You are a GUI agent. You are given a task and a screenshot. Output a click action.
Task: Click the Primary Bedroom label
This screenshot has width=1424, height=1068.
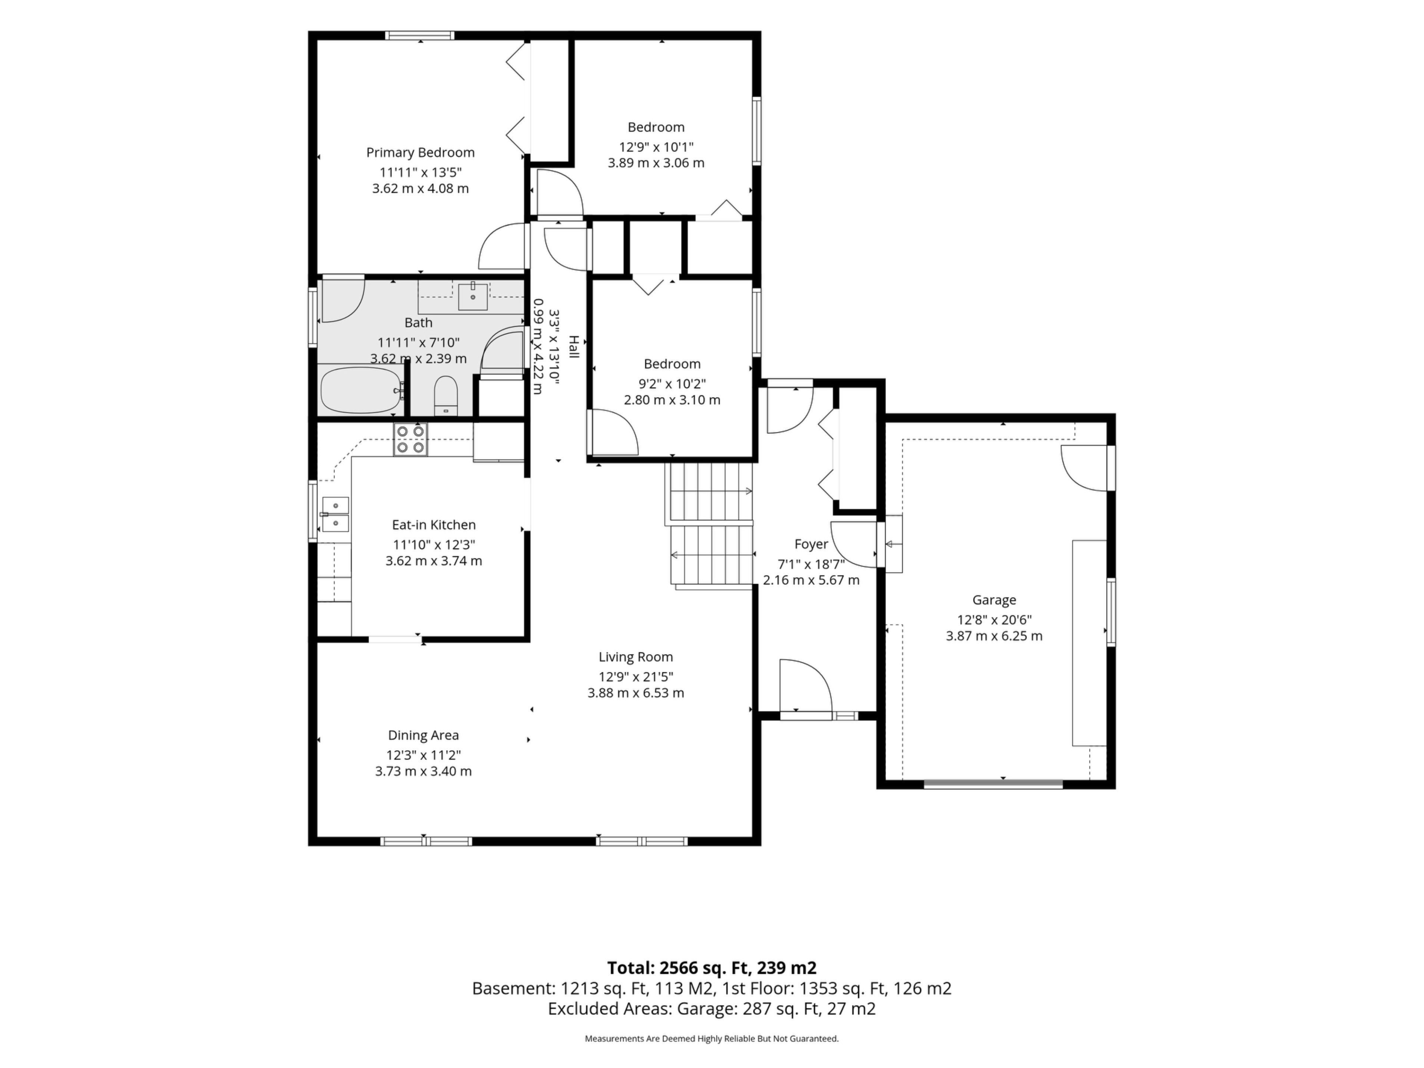[421, 152]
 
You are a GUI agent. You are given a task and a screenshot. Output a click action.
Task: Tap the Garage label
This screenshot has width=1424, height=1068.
[994, 600]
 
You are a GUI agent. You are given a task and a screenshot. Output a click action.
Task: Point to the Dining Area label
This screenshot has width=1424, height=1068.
[423, 735]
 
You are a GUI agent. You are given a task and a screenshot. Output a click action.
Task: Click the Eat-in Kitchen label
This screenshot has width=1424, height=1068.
[434, 525]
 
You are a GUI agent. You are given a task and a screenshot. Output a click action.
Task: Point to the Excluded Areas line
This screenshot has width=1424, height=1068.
[711, 1008]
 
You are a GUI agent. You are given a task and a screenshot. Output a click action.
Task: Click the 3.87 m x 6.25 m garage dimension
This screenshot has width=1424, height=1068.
[994, 636]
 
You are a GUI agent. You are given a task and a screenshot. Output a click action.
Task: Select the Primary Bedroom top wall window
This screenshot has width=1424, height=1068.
[420, 35]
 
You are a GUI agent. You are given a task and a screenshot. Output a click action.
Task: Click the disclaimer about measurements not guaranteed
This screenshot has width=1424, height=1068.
[711, 1038]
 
